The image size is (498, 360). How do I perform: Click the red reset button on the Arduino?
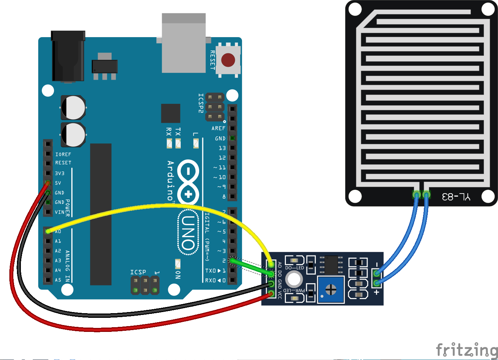coord(228,60)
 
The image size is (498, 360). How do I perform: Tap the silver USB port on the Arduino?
coord(184,43)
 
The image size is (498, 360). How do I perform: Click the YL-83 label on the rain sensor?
coord(456,197)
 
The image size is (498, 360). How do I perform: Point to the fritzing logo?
coord(467,350)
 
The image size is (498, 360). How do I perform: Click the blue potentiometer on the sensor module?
coord(331,289)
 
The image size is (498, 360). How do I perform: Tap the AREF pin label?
coord(218,128)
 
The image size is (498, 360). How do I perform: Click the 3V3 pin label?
coord(60,173)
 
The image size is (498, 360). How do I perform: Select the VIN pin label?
coord(59,212)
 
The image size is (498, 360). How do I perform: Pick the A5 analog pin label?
coord(58,280)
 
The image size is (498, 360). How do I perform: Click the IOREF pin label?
coord(63,154)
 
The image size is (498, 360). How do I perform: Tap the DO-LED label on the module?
coord(295,268)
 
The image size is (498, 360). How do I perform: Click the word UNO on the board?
coord(188,232)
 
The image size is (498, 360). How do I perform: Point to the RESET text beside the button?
coord(212,60)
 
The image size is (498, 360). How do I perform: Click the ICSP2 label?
coord(201,103)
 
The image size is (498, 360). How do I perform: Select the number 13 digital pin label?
coord(222,148)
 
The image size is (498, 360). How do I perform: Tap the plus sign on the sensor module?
coord(377,292)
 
